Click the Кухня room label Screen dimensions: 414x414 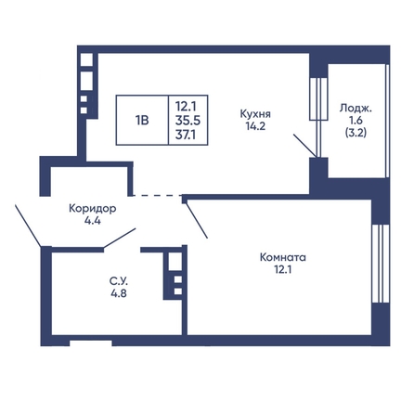[x=255, y=114]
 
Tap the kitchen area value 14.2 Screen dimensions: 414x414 [x=255, y=126]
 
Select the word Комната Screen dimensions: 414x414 [x=283, y=257]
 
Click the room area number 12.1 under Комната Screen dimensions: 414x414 [x=283, y=270]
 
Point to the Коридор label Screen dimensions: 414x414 [x=93, y=209]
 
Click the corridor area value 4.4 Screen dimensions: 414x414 [x=93, y=221]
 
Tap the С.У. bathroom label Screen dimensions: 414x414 [x=119, y=281]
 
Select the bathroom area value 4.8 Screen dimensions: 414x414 [x=119, y=292]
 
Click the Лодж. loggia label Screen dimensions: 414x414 [x=356, y=109]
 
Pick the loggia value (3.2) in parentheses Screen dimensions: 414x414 [x=356, y=133]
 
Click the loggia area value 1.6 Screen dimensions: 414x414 [x=356, y=121]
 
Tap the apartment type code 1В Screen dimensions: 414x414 [x=142, y=121]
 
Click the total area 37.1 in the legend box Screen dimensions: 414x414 [x=186, y=135]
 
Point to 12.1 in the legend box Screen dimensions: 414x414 [x=186, y=107]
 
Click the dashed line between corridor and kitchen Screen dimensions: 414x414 [x=157, y=195]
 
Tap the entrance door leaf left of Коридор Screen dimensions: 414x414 [x=28, y=226]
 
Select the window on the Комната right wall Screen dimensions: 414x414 [x=381, y=264]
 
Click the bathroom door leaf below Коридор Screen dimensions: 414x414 [x=120, y=238]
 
